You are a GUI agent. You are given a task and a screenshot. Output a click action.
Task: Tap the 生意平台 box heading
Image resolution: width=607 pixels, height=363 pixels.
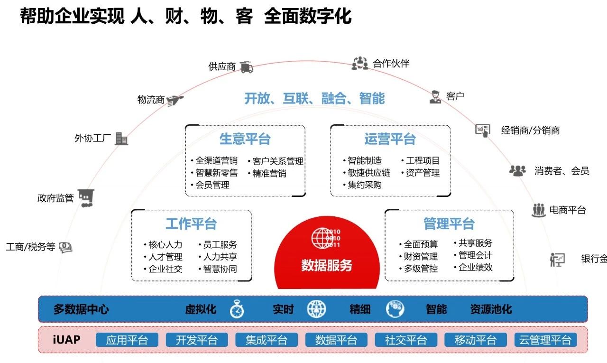coord(245,139)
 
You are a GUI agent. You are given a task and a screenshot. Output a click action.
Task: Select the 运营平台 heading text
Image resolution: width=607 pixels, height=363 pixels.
coord(390,139)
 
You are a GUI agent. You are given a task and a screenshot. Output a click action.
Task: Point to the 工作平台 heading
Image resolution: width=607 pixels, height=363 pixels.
coord(191,223)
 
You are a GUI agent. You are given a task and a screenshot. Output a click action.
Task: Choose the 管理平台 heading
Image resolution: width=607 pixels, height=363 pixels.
coord(449,223)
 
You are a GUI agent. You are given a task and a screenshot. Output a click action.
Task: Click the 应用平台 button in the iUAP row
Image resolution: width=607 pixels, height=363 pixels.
coord(127,340)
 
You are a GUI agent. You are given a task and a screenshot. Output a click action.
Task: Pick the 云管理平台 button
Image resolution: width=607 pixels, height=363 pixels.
coord(545,340)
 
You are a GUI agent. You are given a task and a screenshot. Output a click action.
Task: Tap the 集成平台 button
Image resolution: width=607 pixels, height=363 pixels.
coord(266,340)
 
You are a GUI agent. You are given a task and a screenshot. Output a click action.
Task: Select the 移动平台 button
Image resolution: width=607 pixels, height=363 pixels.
coord(475,340)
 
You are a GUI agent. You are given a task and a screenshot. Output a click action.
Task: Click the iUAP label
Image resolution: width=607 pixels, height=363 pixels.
coord(66,339)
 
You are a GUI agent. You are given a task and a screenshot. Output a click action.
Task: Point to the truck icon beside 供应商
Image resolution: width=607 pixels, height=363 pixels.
coord(246,66)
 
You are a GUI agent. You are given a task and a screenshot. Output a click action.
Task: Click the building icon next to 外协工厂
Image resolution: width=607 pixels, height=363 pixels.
coord(121,139)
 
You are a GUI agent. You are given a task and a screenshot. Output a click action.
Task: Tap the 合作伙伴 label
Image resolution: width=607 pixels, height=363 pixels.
coord(391,64)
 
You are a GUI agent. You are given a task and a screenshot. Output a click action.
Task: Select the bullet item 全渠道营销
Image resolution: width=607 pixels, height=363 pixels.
coord(216,161)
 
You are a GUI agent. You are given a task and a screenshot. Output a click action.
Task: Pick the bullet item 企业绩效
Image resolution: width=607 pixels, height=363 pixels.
coord(476,267)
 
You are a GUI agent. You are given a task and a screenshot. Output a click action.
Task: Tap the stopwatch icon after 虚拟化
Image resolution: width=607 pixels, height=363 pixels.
coord(237,309)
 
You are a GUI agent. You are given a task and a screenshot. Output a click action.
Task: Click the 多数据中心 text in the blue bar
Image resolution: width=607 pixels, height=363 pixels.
coord(81,309)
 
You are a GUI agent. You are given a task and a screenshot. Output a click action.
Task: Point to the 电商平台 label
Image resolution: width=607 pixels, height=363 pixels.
coord(567,210)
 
